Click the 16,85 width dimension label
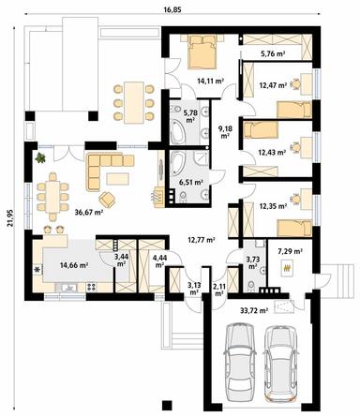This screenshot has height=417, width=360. coord(172,9)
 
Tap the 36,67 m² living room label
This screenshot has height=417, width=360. coord(89,212)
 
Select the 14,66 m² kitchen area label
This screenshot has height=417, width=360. coord(74,265)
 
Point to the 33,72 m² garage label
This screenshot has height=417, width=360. coord(254,310)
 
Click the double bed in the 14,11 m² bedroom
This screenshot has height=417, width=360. coord(202,52)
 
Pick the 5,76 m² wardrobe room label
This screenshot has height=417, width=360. coord(273,53)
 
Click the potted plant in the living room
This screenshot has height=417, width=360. coord(40,157)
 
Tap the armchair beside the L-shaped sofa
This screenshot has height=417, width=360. coord(107,200)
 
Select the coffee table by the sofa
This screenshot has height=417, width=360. coord(118,178)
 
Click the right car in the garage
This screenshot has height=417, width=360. coord(281,364)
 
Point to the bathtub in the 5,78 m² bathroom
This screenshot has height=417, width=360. coord(178,123)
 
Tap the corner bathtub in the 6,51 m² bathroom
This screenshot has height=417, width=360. coord(177,167)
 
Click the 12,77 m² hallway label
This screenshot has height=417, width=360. coord(201,240)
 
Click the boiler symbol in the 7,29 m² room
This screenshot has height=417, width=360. coord(288,268)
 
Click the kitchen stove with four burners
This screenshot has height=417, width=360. coord(91,287)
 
